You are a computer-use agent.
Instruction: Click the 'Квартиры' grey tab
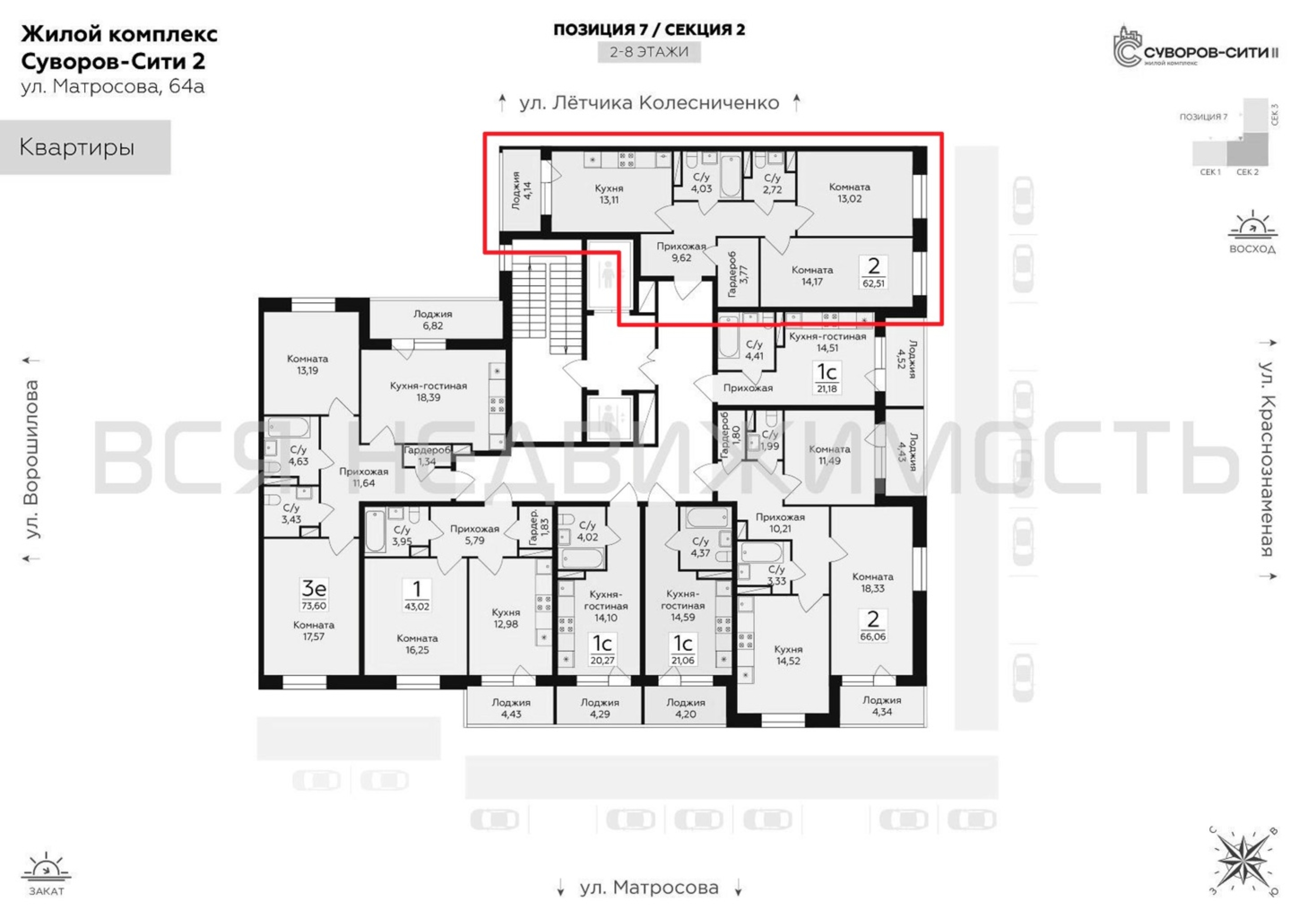[x=85, y=147]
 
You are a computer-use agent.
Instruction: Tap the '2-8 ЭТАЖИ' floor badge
[x=649, y=52]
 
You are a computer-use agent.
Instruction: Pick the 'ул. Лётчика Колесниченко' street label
[x=650, y=103]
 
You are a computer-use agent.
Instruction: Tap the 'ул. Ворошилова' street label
[x=32, y=459]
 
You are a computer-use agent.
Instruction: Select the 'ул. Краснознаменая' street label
[x=1268, y=459]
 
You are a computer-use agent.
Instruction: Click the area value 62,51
[x=873, y=283]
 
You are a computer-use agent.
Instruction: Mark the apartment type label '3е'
[x=314, y=588]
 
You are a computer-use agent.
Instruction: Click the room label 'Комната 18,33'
[x=872, y=582]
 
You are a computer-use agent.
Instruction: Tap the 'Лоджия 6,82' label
[x=433, y=320]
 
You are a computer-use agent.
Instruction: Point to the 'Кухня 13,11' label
[x=609, y=193]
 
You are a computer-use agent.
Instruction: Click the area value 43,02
[x=417, y=607]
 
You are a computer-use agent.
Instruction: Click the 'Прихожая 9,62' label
[x=682, y=252]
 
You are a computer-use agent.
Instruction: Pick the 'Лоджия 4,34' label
[x=882, y=705]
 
